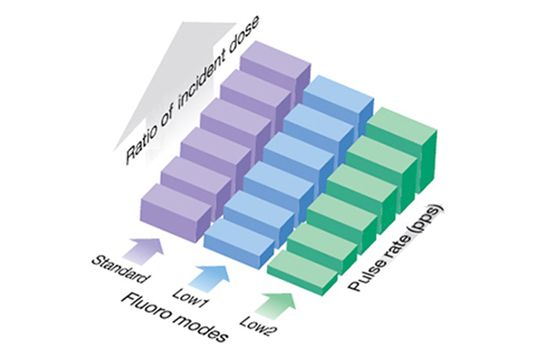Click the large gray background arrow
tap(176, 86)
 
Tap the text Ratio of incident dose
tap(192, 93)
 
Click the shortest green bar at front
tap(303, 272)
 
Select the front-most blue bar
tap(240, 243)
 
